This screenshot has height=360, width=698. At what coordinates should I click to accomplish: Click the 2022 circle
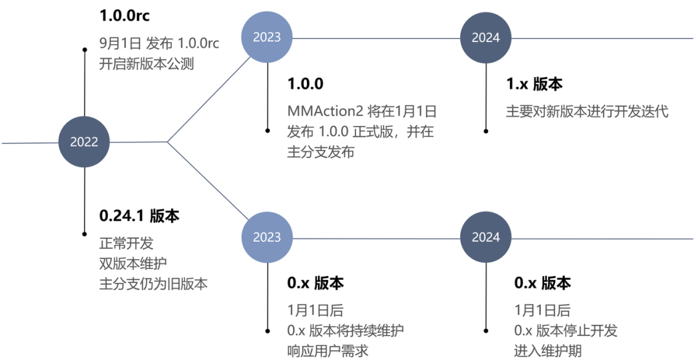[x=85, y=142]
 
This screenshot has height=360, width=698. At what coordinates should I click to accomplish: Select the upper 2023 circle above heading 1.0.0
[x=267, y=37]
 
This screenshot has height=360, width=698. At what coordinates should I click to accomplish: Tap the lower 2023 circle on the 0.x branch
[x=267, y=237]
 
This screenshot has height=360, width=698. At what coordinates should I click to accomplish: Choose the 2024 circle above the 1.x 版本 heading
[x=485, y=37]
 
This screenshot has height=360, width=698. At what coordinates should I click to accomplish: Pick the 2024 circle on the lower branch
[x=485, y=237]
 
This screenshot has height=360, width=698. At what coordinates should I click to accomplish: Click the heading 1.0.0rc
[x=125, y=16]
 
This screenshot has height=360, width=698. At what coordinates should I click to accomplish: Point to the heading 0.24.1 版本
[x=138, y=216]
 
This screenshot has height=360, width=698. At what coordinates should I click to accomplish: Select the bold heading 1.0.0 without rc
[x=305, y=84]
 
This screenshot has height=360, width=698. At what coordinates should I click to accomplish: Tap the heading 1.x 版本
[x=534, y=84]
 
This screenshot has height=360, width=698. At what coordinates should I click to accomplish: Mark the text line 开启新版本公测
[x=146, y=64]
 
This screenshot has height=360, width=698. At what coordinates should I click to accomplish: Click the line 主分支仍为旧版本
[x=153, y=284]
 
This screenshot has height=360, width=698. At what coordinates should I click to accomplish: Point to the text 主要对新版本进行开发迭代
[x=587, y=111]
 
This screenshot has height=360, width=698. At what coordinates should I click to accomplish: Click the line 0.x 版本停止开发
[x=566, y=330]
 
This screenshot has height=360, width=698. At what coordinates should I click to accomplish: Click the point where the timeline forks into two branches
[x=168, y=142]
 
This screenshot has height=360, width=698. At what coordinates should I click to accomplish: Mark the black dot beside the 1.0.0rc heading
[x=85, y=49]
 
